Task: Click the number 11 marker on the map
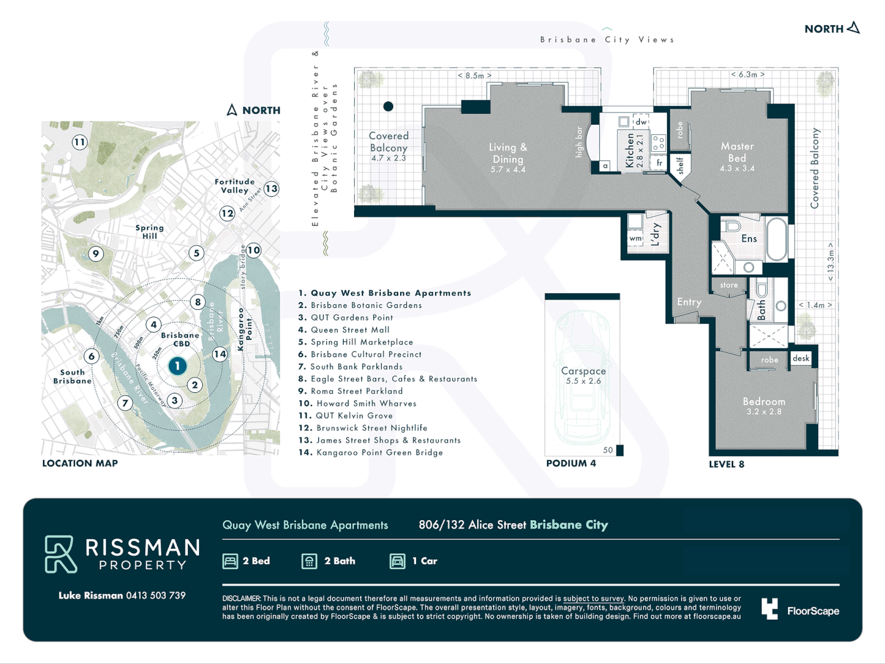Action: (79, 143)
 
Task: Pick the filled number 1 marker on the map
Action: (178, 366)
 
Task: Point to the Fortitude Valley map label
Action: (235, 186)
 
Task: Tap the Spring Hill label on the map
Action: (149, 232)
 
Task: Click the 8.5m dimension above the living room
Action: (474, 76)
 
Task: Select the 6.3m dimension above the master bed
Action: (747, 74)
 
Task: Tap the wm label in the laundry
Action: (635, 239)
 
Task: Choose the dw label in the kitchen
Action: (641, 122)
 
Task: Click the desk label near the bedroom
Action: (801, 358)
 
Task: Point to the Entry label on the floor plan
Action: (689, 302)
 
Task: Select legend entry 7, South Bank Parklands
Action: (350, 366)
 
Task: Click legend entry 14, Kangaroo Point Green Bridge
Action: (371, 453)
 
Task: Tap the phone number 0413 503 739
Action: (155, 595)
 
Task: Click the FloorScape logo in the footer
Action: (800, 610)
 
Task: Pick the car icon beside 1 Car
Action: (398, 561)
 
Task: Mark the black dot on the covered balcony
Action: (388, 106)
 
